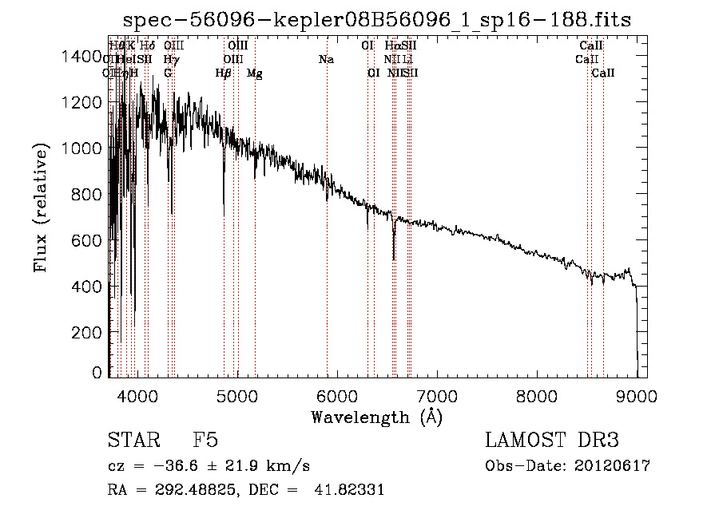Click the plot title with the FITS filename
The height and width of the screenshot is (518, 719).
pos(377,21)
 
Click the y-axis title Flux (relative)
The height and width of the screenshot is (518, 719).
pos(40,207)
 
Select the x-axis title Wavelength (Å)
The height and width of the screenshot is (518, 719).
pos(376,417)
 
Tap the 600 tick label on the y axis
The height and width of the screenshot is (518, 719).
pos(87,240)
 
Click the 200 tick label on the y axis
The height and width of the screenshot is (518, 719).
pos(87,332)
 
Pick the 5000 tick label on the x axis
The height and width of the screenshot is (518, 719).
pos(237,394)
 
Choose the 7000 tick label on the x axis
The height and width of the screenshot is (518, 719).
pos(437,394)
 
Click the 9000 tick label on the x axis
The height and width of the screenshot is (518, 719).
pos(637,394)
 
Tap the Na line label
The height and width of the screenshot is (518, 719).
pos(326,60)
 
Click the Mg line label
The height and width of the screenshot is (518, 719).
pos(254,73)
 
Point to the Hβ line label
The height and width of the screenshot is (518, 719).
pos(223,73)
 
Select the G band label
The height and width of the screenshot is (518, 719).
pos(168,73)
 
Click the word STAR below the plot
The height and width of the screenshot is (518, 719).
pos(133,441)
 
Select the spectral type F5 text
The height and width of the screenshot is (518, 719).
pos(205,441)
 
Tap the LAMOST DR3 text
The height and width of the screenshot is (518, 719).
pos(552,441)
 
